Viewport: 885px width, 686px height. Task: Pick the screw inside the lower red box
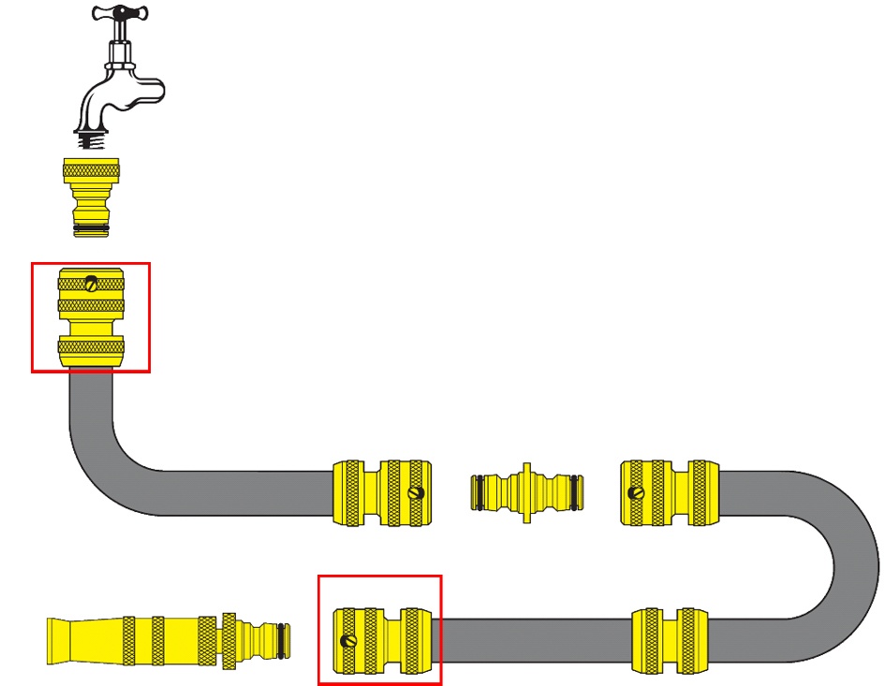[348, 641]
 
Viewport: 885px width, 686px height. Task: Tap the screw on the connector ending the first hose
[416, 492]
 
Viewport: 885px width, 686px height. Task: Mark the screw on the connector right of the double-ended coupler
[637, 492]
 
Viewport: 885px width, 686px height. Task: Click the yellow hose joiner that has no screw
[667, 641]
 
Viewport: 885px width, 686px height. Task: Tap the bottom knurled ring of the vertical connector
[91, 351]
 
